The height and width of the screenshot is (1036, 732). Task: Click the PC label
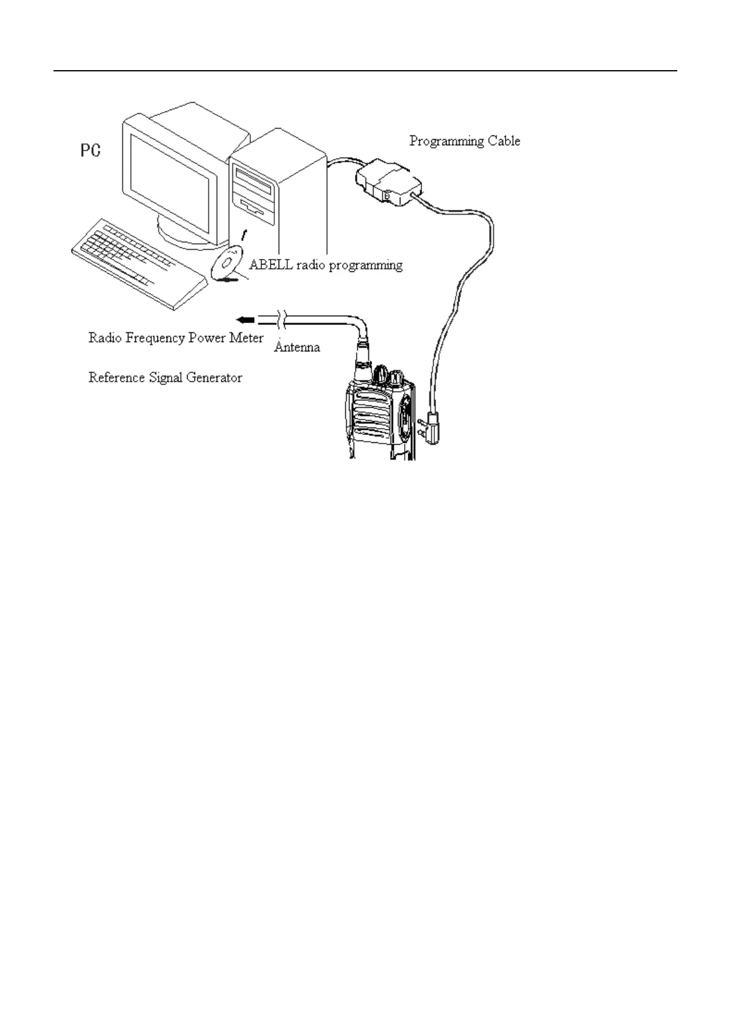pos(91,150)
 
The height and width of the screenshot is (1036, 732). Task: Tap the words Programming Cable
pos(464,141)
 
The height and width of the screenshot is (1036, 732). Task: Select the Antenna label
pos(296,347)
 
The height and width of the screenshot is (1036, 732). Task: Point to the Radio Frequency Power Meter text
pos(176,338)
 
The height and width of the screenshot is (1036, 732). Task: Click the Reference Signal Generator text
pos(165,377)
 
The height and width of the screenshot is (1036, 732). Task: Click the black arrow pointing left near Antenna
pos(245,320)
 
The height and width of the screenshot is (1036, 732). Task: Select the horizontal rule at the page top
pos(365,71)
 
